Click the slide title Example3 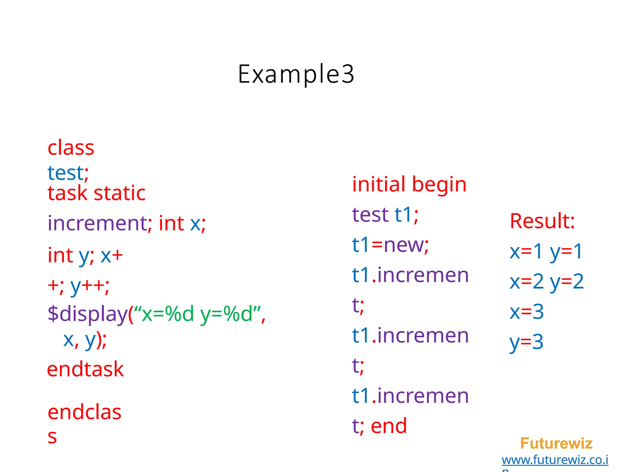(x=296, y=74)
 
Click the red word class (x=71, y=148)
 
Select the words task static (x=96, y=193)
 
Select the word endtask (x=85, y=369)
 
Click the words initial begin (x=409, y=185)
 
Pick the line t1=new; (x=390, y=245)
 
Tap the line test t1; (x=385, y=214)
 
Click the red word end (x=389, y=426)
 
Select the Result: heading (x=542, y=221)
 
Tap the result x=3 (x=527, y=312)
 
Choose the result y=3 (x=526, y=342)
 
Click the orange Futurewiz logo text (x=556, y=443)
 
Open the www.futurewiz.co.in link (x=555, y=460)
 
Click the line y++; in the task (x=89, y=286)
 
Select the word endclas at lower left (x=84, y=412)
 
